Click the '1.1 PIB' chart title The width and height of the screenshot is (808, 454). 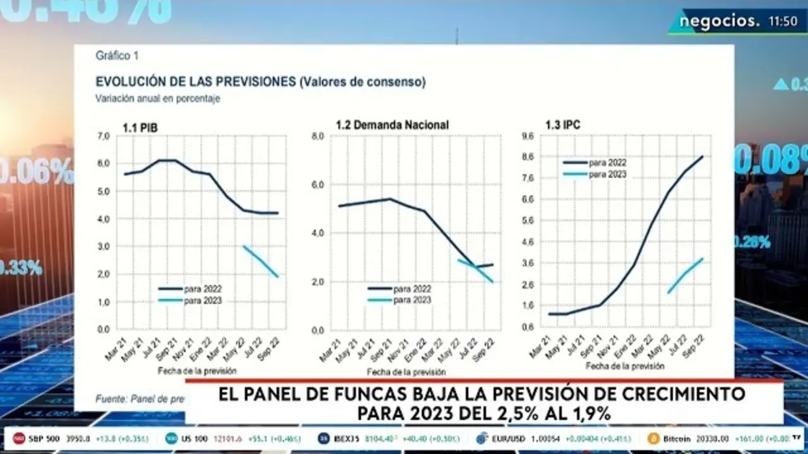tap(140, 127)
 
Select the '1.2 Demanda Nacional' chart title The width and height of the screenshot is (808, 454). tap(392, 125)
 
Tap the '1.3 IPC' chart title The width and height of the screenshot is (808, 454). tap(563, 125)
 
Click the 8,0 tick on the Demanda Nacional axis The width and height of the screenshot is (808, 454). tap(318, 136)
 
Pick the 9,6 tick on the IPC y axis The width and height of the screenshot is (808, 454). tap(527, 136)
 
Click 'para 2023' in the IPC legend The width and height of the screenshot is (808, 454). tap(607, 174)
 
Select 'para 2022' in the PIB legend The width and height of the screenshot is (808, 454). tap(203, 289)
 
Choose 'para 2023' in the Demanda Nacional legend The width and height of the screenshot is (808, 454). tap(412, 300)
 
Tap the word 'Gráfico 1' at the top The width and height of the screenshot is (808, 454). tap(117, 56)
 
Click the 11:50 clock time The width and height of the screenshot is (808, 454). tap(783, 21)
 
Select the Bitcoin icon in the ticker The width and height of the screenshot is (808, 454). tap(653, 438)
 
